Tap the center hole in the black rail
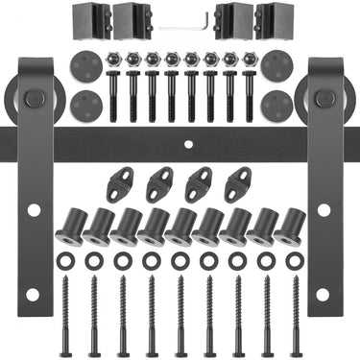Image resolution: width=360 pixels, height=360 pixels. pos(188,145)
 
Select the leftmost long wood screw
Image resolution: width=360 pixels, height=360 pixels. pos(65,312)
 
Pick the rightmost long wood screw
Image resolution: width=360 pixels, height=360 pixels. pos(295,312)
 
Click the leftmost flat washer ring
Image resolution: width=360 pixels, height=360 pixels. pos(65,260)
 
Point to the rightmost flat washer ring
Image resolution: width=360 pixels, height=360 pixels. pos(294,260)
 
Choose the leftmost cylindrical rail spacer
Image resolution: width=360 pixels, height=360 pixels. pos(70,226)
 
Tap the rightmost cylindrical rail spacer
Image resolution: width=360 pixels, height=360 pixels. pos(289,226)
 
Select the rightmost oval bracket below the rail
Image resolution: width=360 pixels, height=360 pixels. pos(237,183)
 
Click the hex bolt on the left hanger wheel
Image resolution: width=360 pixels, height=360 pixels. pos(35,97)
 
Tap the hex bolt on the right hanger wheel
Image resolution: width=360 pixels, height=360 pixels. pos(324,97)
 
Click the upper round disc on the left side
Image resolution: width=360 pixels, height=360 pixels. pos(86,65)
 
